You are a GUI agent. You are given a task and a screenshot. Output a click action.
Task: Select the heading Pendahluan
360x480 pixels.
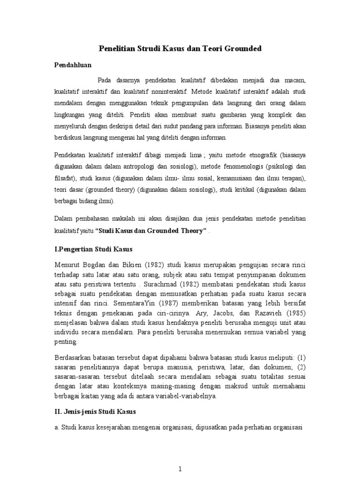73,65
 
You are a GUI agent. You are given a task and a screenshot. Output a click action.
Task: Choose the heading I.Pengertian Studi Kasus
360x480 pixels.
94,249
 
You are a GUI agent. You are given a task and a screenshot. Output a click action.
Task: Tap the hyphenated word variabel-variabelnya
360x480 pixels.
187,397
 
